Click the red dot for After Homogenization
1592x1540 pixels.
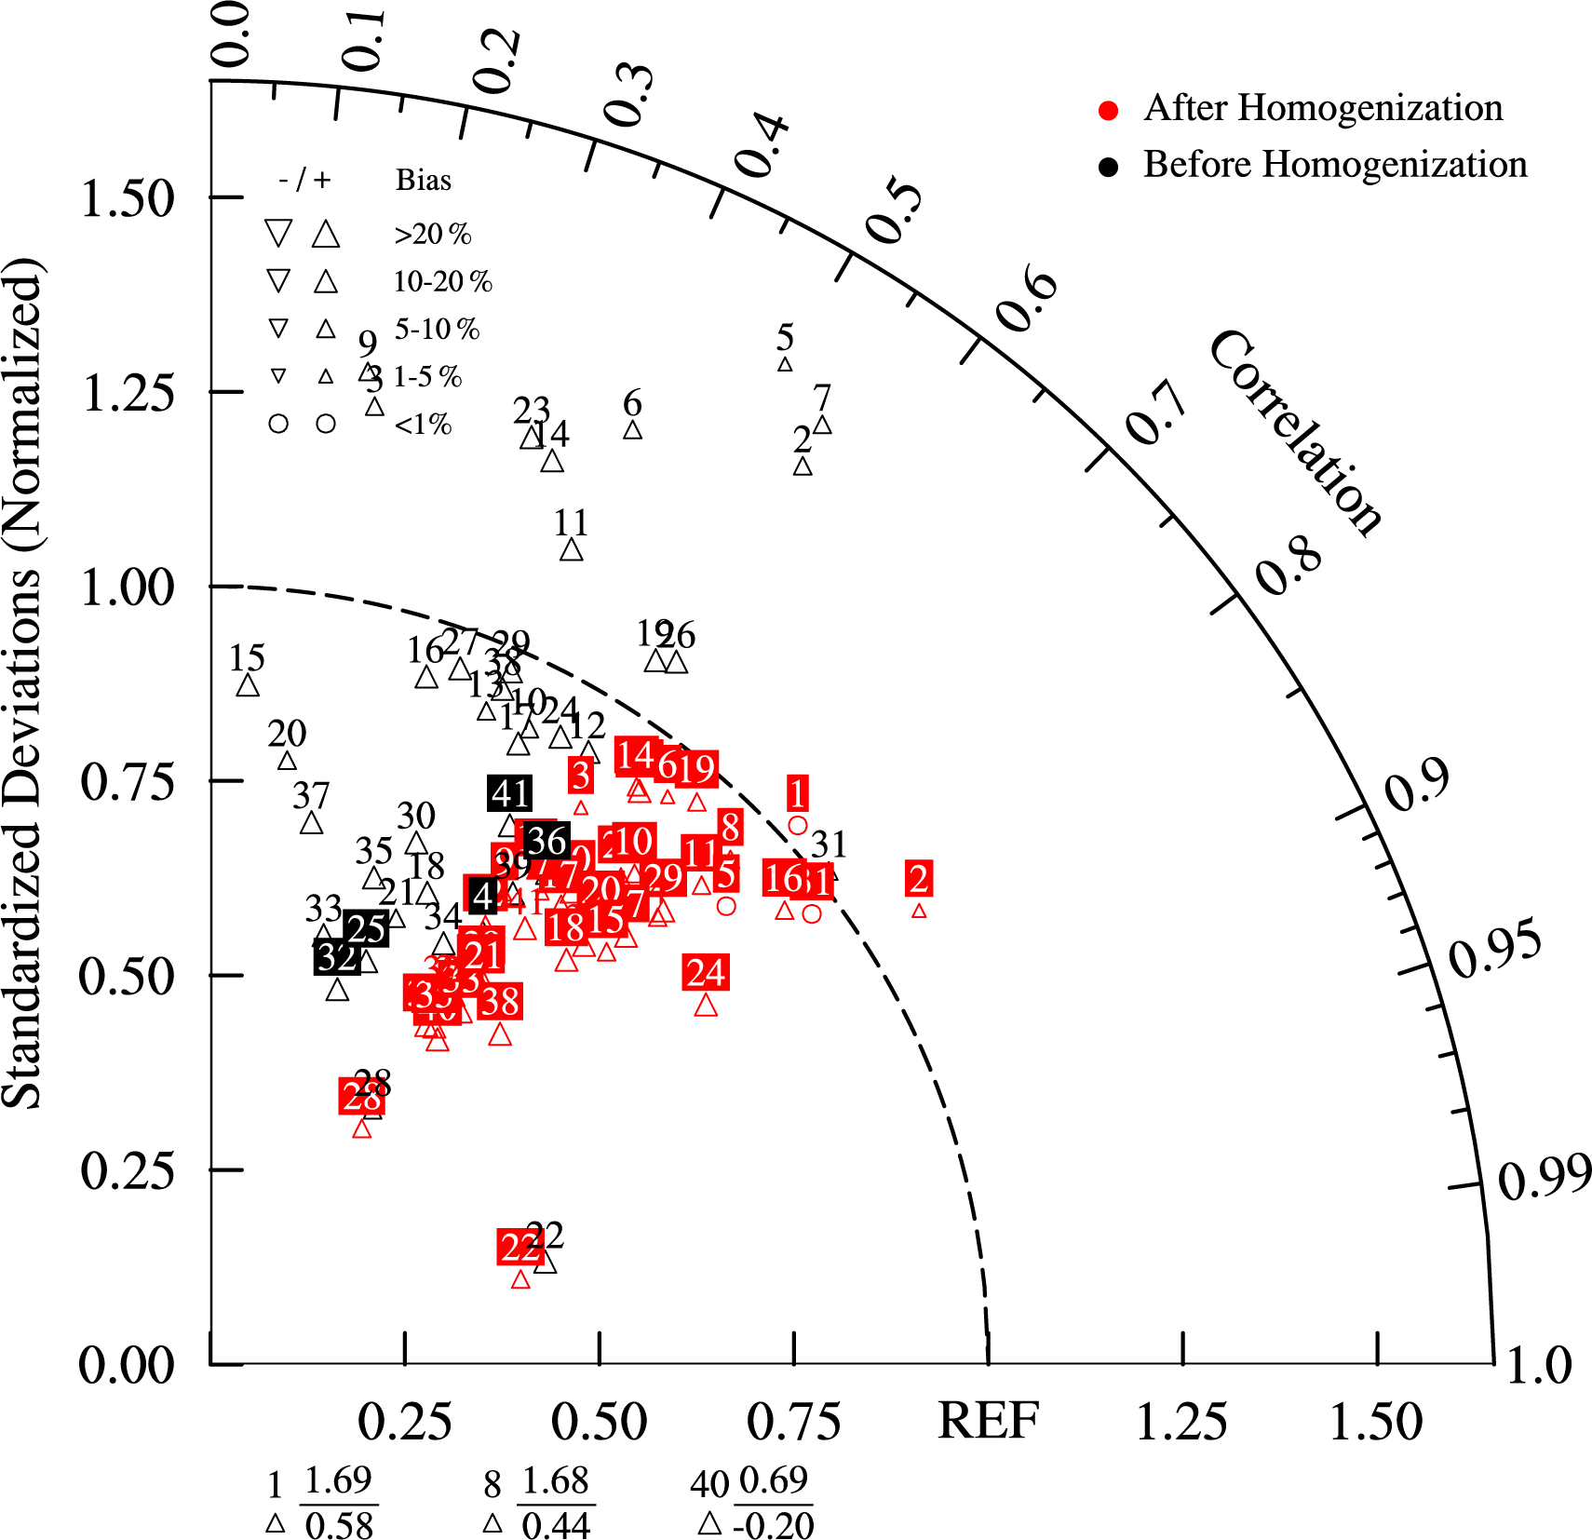click(x=1108, y=111)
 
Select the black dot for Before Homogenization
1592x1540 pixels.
click(x=1108, y=168)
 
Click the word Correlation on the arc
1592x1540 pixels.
click(x=1295, y=433)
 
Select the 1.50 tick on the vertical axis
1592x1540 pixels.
click(x=128, y=198)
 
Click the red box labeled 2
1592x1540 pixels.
click(x=919, y=879)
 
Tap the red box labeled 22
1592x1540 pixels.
click(x=519, y=1247)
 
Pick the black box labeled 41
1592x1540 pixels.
click(x=510, y=793)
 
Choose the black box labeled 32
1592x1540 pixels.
click(x=336, y=956)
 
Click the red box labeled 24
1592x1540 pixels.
click(x=706, y=973)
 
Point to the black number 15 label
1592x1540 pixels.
click(x=248, y=658)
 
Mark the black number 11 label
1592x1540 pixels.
click(x=571, y=523)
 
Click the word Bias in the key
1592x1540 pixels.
click(x=424, y=180)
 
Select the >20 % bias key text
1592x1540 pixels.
click(x=433, y=234)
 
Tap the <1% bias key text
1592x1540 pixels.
click(x=424, y=425)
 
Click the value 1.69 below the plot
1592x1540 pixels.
click(x=338, y=1479)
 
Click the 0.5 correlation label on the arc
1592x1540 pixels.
click(x=894, y=210)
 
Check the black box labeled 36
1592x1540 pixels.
click(x=546, y=841)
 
